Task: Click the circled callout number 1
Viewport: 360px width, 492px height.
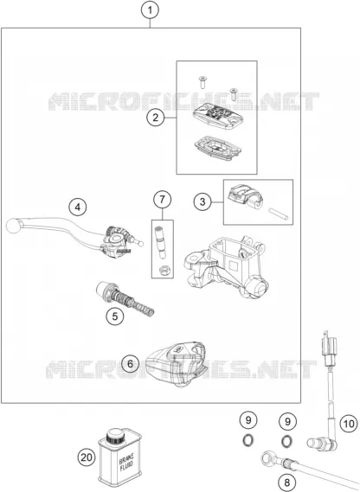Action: (x=150, y=10)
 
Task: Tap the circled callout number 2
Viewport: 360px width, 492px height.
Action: (x=156, y=118)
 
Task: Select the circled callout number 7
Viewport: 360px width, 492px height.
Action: (x=163, y=199)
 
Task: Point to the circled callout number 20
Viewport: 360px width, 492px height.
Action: (x=87, y=457)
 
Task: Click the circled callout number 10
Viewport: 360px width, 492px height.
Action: (x=349, y=424)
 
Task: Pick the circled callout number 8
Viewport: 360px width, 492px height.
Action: (x=286, y=482)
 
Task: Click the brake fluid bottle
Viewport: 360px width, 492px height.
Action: (x=119, y=457)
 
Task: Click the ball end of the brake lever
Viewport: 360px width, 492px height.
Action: (x=13, y=226)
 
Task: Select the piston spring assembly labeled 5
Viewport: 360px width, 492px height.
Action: (x=125, y=298)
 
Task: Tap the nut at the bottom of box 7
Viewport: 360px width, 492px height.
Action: (x=163, y=270)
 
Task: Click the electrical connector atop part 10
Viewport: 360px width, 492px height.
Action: (x=329, y=348)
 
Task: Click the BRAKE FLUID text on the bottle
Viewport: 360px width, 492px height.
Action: (x=126, y=462)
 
